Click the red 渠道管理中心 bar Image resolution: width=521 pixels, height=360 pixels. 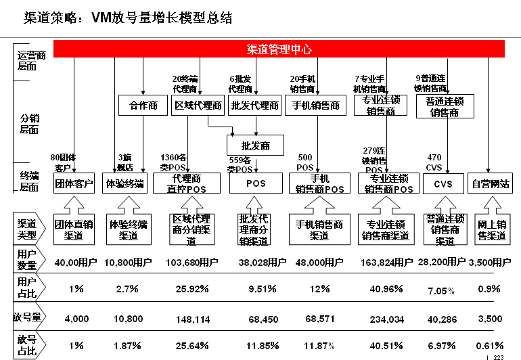tap(279, 49)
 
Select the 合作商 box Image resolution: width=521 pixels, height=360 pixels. tap(143, 106)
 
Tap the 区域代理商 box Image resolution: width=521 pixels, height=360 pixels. tap(198, 106)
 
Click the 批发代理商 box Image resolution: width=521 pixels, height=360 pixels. tap(254, 106)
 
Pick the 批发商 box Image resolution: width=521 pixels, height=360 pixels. tap(255, 145)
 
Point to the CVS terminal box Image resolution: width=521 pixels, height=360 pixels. tap(444, 183)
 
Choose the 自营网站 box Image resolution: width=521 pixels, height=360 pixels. tap(491, 183)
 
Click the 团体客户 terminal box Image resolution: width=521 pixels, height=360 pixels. tap(74, 183)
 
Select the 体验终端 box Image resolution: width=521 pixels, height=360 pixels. tap(125, 183)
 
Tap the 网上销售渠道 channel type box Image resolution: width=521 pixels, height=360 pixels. tap(491, 230)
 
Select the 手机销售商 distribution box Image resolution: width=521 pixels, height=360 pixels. tap(317, 106)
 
